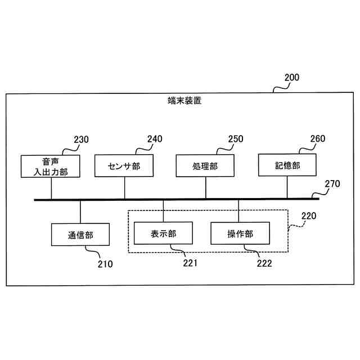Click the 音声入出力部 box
(x=51, y=166)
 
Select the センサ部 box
(x=123, y=166)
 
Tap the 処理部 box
(x=205, y=166)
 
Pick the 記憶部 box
(x=287, y=166)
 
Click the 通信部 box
(x=80, y=235)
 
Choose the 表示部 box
(x=163, y=233)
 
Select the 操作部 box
(x=240, y=233)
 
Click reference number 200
(x=292, y=78)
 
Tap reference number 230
(x=81, y=139)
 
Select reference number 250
(x=236, y=138)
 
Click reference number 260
(x=317, y=138)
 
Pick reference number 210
(x=105, y=263)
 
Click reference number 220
(x=309, y=215)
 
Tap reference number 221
(x=190, y=262)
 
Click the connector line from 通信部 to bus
(x=80, y=211)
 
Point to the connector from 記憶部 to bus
(x=287, y=187)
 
